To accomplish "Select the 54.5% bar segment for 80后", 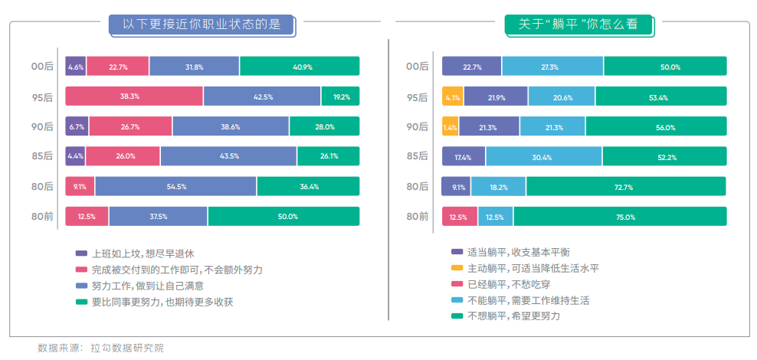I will [x=175, y=186].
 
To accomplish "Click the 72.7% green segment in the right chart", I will [x=625, y=186].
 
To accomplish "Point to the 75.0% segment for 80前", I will [x=620, y=216].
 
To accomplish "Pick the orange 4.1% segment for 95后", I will [x=452, y=97].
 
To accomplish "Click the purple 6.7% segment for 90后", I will [x=77, y=126].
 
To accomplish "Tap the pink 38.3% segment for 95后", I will [x=134, y=97].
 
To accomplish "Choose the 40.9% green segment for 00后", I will [x=299, y=67].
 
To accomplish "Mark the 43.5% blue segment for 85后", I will [x=228, y=156].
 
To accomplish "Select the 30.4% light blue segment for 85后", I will [x=543, y=156].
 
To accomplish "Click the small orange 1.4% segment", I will [x=450, y=126].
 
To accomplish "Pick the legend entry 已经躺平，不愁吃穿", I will [x=506, y=283].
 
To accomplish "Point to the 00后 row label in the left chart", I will [x=42, y=67].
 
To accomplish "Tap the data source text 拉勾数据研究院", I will [x=127, y=348].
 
